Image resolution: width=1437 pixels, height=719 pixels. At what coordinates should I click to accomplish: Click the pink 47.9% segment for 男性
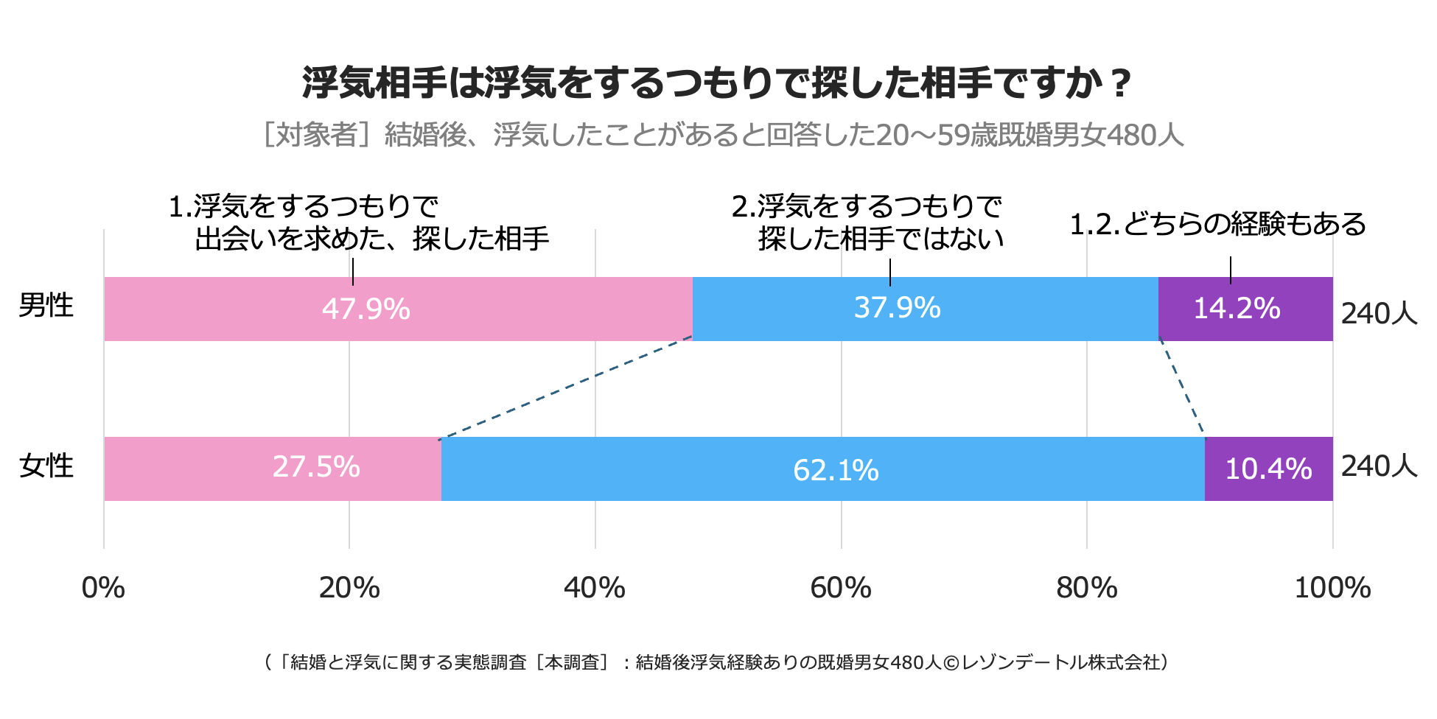point(398,309)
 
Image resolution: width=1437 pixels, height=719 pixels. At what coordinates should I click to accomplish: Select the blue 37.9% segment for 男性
point(925,309)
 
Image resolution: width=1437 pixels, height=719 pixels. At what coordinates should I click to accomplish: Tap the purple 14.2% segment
point(1245,309)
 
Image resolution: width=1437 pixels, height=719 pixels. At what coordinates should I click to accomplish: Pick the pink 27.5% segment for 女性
point(273,469)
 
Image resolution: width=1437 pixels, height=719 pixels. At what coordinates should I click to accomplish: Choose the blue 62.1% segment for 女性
point(823,469)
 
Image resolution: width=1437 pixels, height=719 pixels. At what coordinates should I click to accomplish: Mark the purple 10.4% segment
point(1268,469)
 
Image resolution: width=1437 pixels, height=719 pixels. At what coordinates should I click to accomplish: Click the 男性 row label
point(46,306)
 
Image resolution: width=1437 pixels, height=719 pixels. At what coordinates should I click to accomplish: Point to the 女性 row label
point(46,466)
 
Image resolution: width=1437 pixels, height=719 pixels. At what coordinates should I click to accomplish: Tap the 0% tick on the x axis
point(103,588)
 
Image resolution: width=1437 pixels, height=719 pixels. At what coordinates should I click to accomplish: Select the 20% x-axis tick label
point(349,588)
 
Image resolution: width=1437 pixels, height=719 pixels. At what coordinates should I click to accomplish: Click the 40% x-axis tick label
point(595,588)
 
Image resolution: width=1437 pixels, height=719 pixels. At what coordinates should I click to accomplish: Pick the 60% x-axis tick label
point(841,588)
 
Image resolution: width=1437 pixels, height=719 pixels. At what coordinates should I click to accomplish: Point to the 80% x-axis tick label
point(1086,588)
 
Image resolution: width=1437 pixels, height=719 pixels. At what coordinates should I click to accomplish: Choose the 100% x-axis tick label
point(1332,588)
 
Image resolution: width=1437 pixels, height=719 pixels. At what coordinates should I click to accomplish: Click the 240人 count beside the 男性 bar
point(1379,314)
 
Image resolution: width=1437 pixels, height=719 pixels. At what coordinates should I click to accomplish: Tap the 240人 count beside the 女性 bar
point(1379,466)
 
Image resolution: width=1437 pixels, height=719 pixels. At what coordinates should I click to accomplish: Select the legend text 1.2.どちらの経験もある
point(1217,225)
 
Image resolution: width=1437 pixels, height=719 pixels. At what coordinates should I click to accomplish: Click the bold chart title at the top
point(716,83)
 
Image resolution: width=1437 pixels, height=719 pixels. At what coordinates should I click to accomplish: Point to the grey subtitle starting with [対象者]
point(724,135)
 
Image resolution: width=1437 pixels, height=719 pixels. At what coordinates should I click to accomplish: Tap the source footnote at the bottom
point(716,662)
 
